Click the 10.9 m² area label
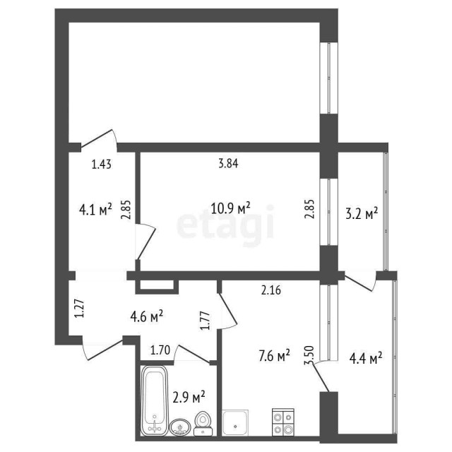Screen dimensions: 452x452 [232, 209]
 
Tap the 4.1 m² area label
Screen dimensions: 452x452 [95, 209]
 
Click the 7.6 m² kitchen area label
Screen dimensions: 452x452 [274, 357]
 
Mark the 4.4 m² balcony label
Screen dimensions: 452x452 [366, 358]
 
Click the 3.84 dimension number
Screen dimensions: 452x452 [227, 164]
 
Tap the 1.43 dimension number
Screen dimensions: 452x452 [102, 165]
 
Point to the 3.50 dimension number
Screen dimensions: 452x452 [308, 355]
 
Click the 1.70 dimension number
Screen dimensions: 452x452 [160, 348]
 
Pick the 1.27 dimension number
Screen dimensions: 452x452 [79, 309]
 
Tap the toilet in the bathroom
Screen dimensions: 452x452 [203, 422]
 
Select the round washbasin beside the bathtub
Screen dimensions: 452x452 [179, 425]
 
